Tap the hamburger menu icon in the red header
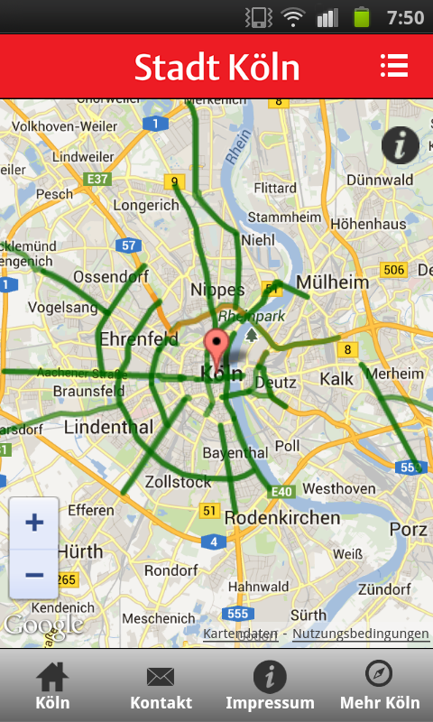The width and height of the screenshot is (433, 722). pos(394,66)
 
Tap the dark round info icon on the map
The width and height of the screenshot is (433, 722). pos(400,145)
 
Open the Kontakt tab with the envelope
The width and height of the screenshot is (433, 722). pos(161,688)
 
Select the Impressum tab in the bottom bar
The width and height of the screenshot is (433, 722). pos(270,688)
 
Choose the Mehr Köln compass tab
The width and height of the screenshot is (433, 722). pos(379,688)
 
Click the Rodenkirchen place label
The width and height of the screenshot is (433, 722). pos(282,518)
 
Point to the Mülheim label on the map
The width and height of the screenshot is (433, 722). pos(333,282)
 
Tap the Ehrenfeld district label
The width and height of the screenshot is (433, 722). pos(140,340)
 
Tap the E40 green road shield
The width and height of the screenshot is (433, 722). pos(282,492)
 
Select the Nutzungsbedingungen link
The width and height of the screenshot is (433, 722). pos(361,634)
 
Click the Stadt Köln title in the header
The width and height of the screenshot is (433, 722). pos(216,67)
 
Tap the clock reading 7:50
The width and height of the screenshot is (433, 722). pos(404,17)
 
